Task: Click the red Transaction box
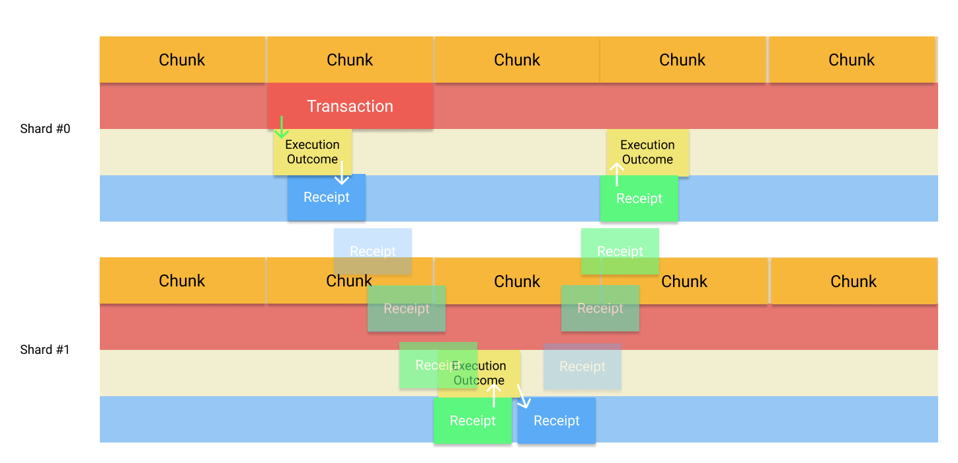[x=350, y=106]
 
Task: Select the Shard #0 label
[x=45, y=129]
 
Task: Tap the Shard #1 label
[x=45, y=350]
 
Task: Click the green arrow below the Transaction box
[x=282, y=127]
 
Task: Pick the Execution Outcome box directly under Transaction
[x=312, y=152]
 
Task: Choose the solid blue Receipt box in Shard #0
[x=327, y=198]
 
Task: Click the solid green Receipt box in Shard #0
[x=639, y=198]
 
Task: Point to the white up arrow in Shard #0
[x=616, y=174]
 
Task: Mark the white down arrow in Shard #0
[x=341, y=173]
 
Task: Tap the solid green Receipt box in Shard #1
[x=472, y=421]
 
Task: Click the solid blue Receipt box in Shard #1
[x=557, y=421]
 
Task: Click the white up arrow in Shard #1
[x=493, y=395]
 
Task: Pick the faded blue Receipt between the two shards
[x=373, y=251]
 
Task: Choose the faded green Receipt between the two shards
[x=620, y=251]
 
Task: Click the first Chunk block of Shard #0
[x=182, y=60]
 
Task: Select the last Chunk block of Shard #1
[x=854, y=281]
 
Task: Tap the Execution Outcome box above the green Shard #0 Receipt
[x=648, y=152]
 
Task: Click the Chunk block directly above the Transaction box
[x=350, y=60]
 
